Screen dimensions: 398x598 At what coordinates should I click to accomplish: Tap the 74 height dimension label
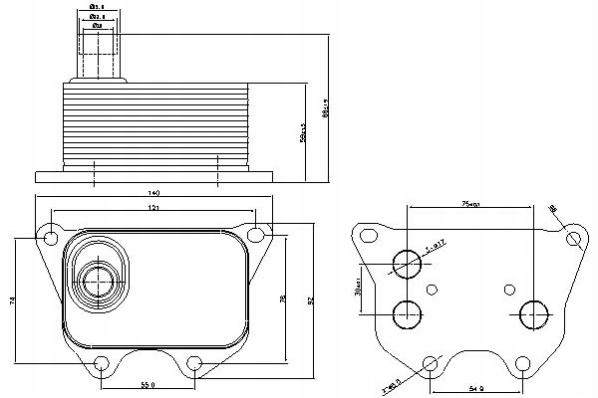coord(13,300)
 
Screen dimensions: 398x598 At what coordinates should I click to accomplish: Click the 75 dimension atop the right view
coord(472,204)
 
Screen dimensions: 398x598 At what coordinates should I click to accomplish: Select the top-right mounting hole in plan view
coord(257,237)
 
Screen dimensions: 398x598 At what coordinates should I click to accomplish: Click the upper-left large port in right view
coord(408,264)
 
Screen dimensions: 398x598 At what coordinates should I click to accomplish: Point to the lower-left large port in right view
coord(408,314)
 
